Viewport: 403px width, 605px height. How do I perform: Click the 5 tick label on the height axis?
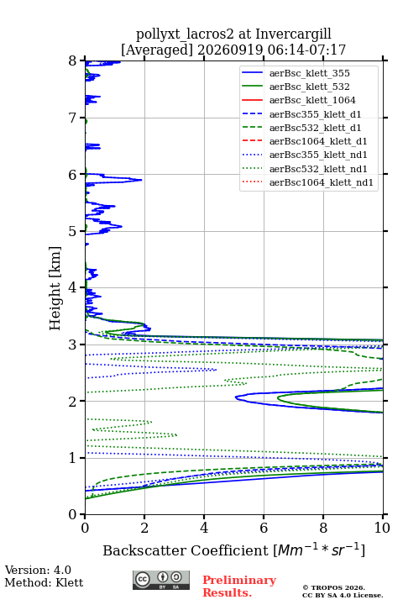click(72, 231)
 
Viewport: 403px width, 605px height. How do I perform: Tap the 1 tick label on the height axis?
click(72, 458)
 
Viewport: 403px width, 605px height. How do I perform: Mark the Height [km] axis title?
click(55, 288)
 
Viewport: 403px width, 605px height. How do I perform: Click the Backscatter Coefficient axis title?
click(233, 550)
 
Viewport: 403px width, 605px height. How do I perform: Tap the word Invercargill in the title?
click(293, 34)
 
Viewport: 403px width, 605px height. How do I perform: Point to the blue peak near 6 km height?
click(141, 180)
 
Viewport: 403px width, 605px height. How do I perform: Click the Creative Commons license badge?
click(161, 580)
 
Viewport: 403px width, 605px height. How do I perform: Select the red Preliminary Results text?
click(239, 587)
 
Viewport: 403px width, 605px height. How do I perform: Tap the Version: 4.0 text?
click(38, 570)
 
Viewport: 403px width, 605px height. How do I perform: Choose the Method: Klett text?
click(44, 582)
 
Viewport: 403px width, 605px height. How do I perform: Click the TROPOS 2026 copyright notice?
click(334, 587)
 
